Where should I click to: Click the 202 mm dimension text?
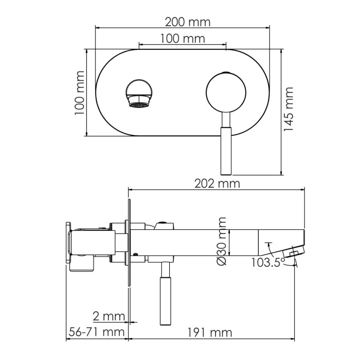[x=215, y=184]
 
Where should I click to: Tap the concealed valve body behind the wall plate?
[x=93, y=242]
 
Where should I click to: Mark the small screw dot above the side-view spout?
[x=164, y=224]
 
